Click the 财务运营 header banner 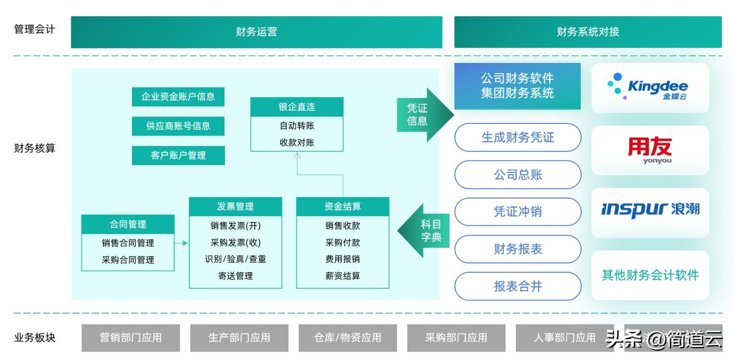[x=257, y=32]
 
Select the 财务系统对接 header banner [x=588, y=32]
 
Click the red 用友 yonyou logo [x=650, y=150]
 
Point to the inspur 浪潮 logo [x=650, y=210]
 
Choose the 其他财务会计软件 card [x=650, y=275]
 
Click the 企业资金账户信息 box [x=178, y=97]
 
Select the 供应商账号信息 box [x=178, y=126]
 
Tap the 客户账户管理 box [x=178, y=155]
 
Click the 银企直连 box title [x=297, y=107]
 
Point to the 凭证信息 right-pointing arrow [x=422, y=115]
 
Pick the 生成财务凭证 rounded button [x=518, y=138]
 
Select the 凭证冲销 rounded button [x=518, y=212]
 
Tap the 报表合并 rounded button [x=518, y=286]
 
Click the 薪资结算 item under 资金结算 [x=343, y=276]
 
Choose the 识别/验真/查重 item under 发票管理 [x=235, y=259]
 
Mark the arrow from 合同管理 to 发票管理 [x=182, y=243]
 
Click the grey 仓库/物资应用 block [x=347, y=338]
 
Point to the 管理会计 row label [x=35, y=29]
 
